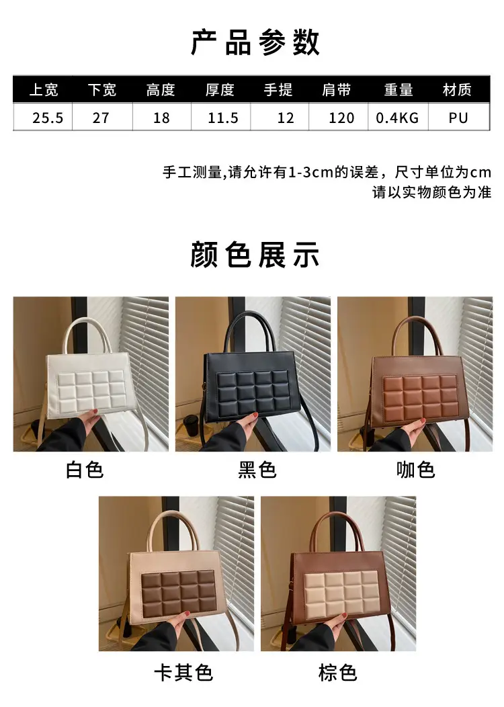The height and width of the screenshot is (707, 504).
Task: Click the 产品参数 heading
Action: point(255,43)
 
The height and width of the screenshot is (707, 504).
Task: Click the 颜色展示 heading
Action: point(255,255)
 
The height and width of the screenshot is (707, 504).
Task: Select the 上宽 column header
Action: point(44,90)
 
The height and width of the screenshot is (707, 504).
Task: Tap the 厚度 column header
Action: point(220,90)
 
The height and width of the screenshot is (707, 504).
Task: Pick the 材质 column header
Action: point(457,90)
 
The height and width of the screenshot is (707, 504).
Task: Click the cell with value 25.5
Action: point(48,118)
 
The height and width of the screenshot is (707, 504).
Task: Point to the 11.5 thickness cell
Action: point(222,118)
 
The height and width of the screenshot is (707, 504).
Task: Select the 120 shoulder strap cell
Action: point(341,118)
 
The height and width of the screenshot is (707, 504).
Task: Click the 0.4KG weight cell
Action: point(398,118)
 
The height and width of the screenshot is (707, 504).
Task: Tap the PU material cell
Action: point(458,118)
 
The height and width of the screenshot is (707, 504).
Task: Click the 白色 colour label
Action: point(85,470)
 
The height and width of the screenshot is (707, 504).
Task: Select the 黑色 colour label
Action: point(257,470)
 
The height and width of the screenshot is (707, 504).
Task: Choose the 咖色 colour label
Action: point(416,470)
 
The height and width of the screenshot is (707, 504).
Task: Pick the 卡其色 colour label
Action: point(183,673)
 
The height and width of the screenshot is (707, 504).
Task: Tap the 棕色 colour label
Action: point(337,673)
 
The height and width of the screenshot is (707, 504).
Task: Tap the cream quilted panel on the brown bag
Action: point(341,592)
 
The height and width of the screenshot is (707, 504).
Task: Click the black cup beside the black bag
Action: point(191,427)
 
